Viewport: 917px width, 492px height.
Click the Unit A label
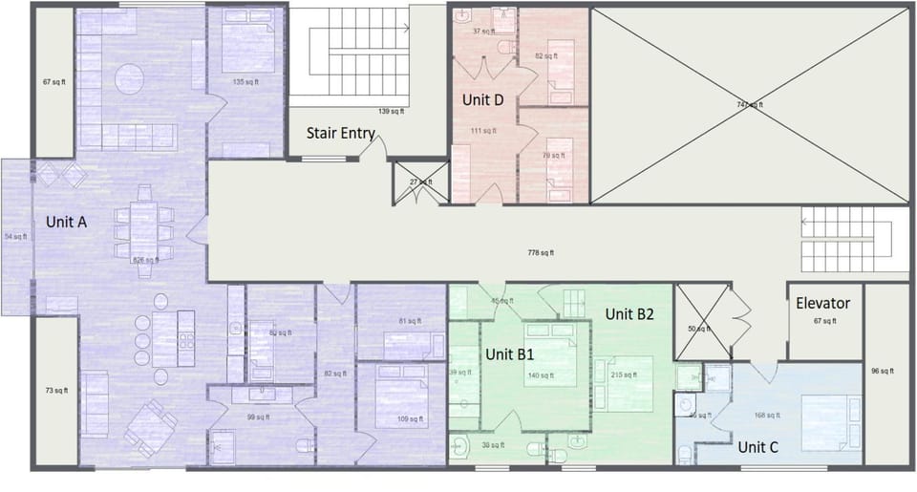[x=67, y=222]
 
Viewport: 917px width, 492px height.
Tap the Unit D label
[x=482, y=100]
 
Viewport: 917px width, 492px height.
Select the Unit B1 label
[x=509, y=353]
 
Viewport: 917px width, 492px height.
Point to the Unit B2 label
[x=629, y=314]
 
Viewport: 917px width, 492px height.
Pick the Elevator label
[x=822, y=304]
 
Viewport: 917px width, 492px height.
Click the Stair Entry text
[x=340, y=134]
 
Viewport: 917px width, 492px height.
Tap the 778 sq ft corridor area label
[x=541, y=253]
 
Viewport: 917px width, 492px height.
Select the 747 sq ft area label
[x=750, y=104]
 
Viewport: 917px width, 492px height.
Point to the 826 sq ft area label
[x=144, y=260]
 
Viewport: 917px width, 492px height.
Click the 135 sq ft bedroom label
[x=245, y=82]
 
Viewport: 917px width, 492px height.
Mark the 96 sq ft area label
[x=883, y=371]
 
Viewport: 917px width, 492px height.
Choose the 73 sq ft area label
[x=55, y=390]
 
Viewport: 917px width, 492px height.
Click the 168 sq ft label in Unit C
[x=766, y=416]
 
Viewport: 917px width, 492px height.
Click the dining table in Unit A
[x=144, y=226]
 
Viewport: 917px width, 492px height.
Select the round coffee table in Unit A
[x=131, y=75]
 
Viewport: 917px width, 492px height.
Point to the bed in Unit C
[x=829, y=420]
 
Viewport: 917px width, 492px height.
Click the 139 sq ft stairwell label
[x=391, y=111]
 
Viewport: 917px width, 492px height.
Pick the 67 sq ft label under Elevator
[x=822, y=322]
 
